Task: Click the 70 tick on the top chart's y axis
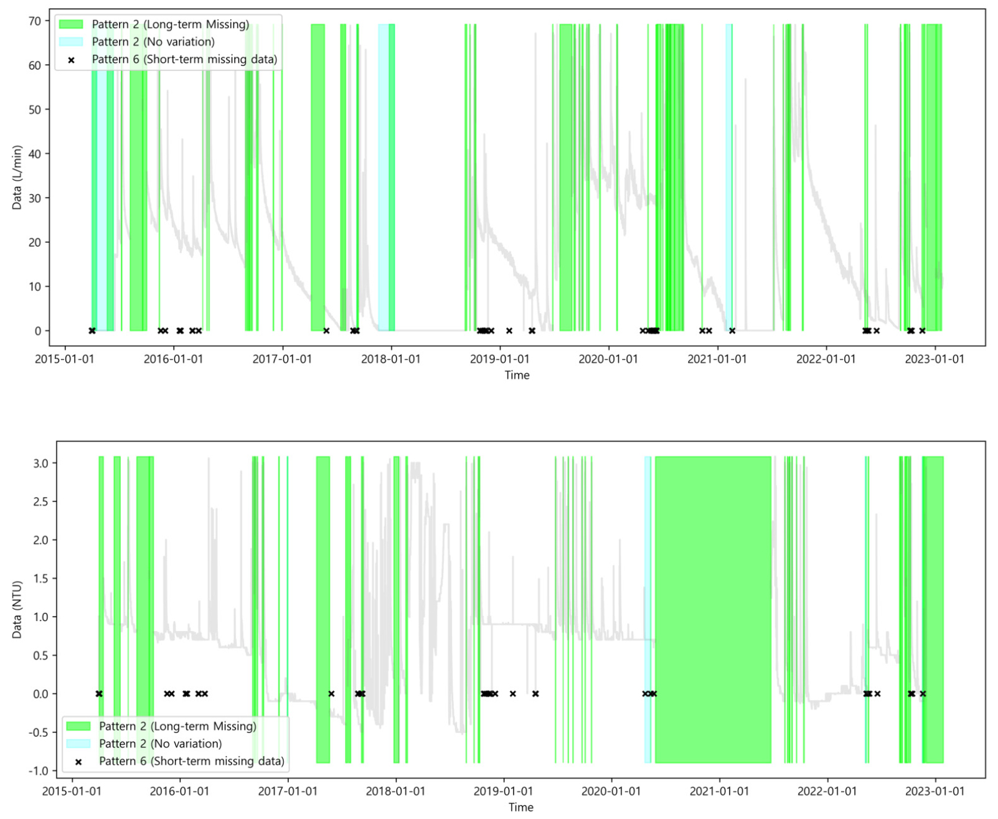click(x=34, y=21)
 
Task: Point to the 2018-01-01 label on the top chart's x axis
click(x=391, y=359)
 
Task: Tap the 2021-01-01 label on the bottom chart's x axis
click(x=719, y=792)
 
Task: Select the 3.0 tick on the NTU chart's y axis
click(x=40, y=463)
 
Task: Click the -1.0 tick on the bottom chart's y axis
click(x=39, y=771)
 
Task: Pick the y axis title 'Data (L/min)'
click(x=17, y=178)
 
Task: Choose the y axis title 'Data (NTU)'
click(x=17, y=610)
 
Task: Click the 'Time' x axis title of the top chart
click(x=517, y=375)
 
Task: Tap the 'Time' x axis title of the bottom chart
click(x=520, y=807)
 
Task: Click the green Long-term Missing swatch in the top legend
click(x=71, y=24)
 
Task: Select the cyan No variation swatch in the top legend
click(x=71, y=42)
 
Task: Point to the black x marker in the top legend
click(x=71, y=60)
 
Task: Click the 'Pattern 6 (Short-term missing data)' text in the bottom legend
click(x=191, y=761)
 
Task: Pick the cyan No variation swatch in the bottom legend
click(x=78, y=744)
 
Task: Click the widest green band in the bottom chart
click(x=713, y=610)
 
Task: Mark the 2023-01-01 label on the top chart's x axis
click(x=934, y=359)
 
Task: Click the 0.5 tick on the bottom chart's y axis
click(x=40, y=655)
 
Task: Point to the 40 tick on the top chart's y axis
click(x=34, y=154)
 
